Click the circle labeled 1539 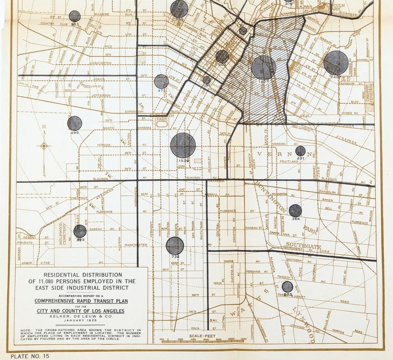pyautogui.click(x=183, y=145)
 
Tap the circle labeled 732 pyautogui.click(x=175, y=245)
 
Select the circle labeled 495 pyautogui.click(x=75, y=123)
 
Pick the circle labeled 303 pyautogui.click(x=75, y=16)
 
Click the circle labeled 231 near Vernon pyautogui.click(x=300, y=151)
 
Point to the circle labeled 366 pyautogui.click(x=295, y=211)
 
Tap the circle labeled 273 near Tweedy pyautogui.click(x=287, y=287)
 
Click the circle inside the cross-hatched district pyautogui.click(x=264, y=67)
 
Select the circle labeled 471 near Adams pyautogui.click(x=161, y=81)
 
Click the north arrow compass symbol pyautogui.click(x=44, y=145)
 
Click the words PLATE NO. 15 pyautogui.click(x=30, y=356)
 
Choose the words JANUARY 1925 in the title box pyautogui.click(x=81, y=320)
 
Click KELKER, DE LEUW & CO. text pyautogui.click(x=81, y=316)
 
